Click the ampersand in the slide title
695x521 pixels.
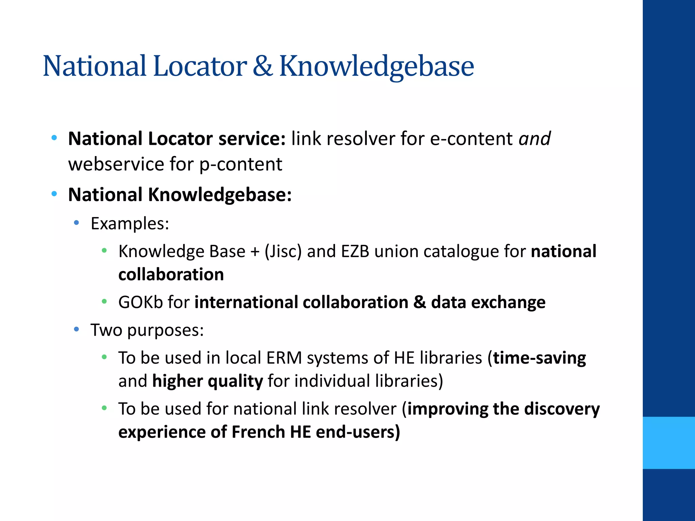(262, 66)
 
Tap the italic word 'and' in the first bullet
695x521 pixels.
(534, 139)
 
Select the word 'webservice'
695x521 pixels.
(116, 164)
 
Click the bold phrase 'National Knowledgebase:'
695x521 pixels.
(180, 195)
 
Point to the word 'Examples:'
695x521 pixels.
(130, 224)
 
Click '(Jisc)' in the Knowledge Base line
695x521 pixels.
(283, 252)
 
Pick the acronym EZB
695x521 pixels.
(355, 252)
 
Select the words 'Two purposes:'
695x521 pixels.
(147, 330)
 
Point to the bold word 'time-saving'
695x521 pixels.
(539, 358)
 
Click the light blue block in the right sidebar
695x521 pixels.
(669, 443)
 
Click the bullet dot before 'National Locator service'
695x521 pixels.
(54, 138)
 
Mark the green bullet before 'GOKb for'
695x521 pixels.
(104, 302)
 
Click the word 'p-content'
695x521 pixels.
(241, 164)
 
